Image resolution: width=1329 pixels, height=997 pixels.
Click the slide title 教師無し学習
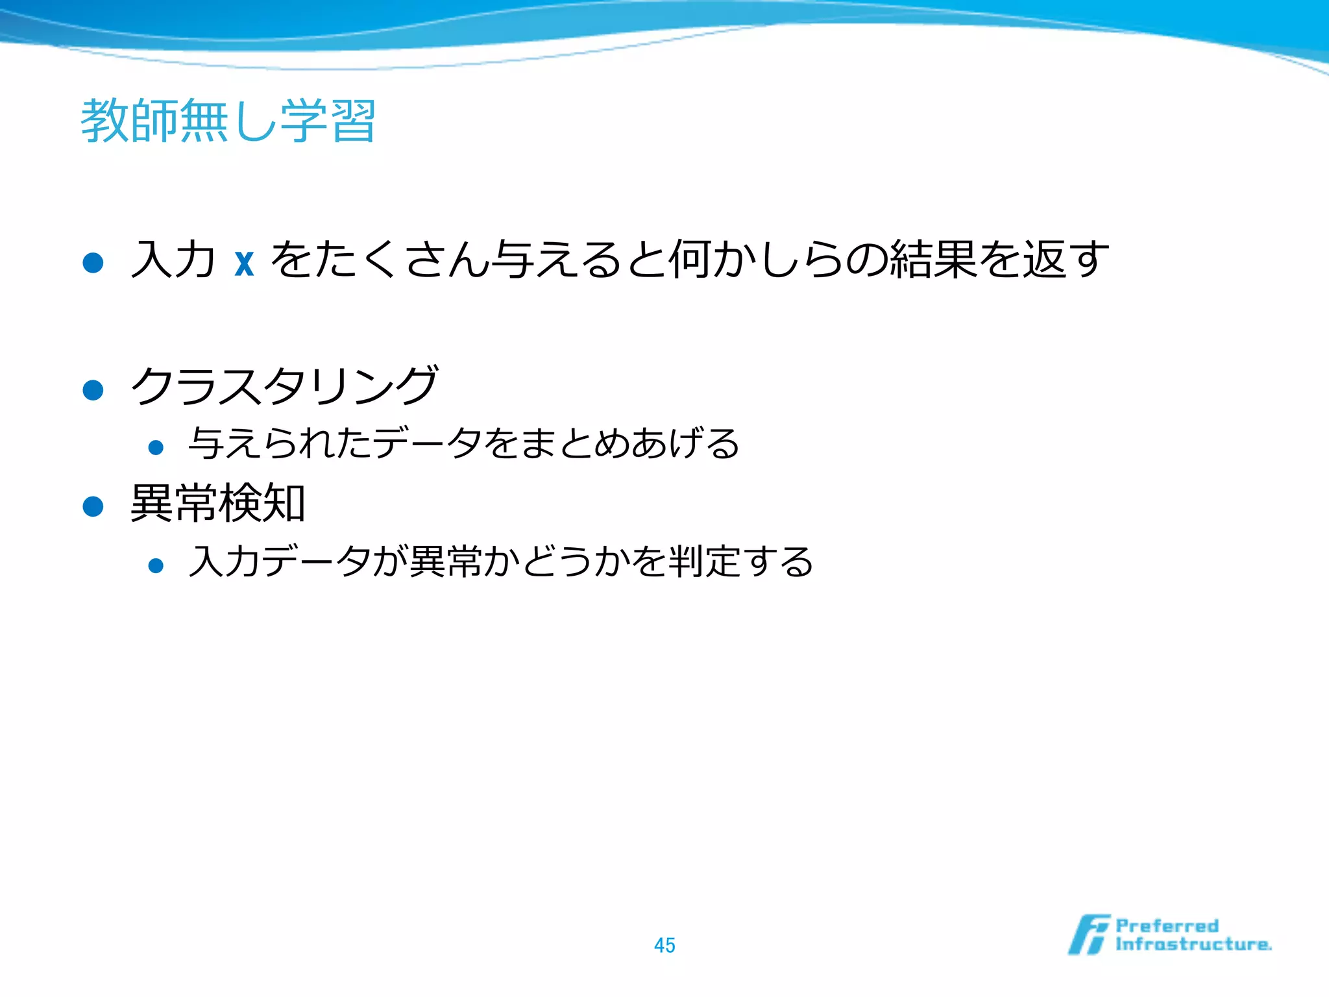point(228,121)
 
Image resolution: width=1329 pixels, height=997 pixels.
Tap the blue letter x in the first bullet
point(244,261)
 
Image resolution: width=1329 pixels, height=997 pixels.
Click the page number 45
point(664,945)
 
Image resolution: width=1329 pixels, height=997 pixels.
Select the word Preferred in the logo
point(1167,926)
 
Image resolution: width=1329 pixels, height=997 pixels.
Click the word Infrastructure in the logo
point(1193,944)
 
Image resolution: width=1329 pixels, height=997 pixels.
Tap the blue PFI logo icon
point(1088,935)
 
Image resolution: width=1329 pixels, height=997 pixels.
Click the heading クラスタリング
point(284,386)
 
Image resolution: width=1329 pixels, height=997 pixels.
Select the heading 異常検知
point(218,503)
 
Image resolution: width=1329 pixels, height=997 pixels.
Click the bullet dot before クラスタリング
point(93,390)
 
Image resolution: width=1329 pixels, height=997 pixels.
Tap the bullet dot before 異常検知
point(93,506)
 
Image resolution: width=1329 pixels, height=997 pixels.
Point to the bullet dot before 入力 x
point(93,262)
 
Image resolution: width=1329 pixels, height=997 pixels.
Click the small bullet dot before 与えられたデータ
point(156,447)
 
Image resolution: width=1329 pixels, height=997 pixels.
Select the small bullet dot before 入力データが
point(156,565)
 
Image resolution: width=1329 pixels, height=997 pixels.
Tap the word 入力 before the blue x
point(173,260)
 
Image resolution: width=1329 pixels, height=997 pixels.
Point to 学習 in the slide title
point(328,121)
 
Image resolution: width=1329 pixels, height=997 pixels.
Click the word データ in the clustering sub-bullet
point(427,444)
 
